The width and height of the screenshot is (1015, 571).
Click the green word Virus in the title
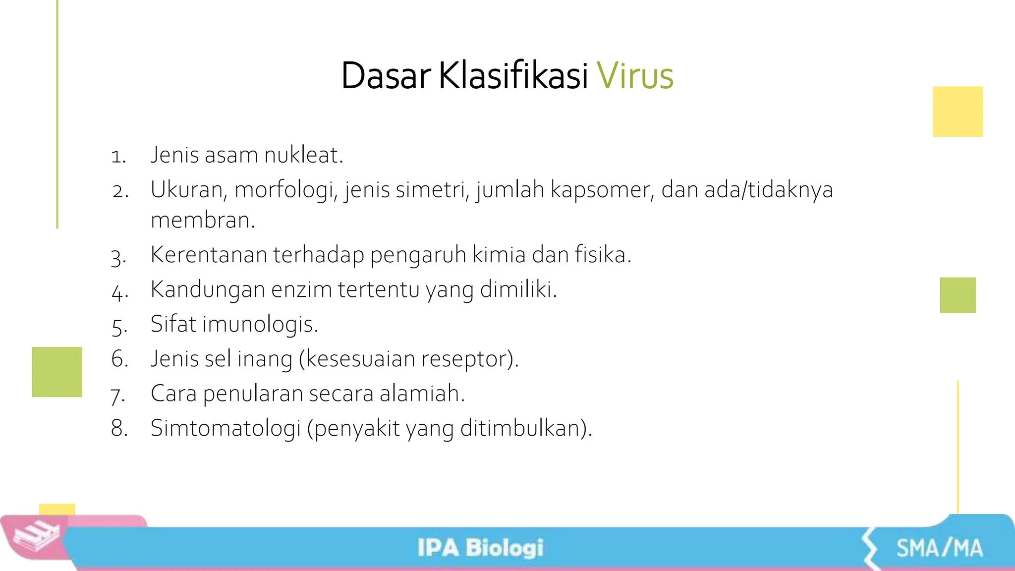click(x=635, y=76)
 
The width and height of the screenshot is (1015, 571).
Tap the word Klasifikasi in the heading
click(x=513, y=76)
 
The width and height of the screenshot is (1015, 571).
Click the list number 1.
click(x=118, y=157)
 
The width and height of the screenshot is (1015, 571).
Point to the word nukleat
click(x=303, y=155)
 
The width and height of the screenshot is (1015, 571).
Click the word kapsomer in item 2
click(x=601, y=190)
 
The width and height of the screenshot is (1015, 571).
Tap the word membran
click(x=203, y=221)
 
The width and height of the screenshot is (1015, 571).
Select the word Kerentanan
click(x=208, y=255)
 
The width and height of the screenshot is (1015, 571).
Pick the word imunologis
click(x=260, y=325)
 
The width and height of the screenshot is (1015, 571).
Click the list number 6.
click(x=119, y=359)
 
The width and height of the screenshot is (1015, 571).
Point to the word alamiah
click(x=422, y=394)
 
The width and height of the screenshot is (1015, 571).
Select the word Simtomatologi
click(x=226, y=428)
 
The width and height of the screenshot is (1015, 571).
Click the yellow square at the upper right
click(x=958, y=112)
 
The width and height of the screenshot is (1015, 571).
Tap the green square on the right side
click(x=958, y=295)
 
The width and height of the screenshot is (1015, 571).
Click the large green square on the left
click(x=57, y=372)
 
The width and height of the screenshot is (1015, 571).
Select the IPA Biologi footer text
click(x=480, y=548)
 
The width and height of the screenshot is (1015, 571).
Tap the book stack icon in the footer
click(x=36, y=537)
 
